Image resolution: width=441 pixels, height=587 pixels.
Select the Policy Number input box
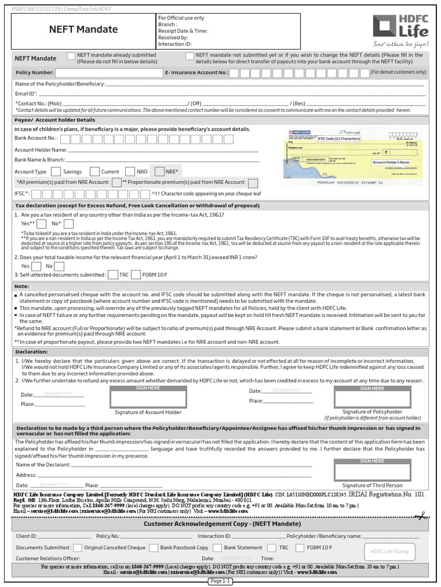pos(109,73)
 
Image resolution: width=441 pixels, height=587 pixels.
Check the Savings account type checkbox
pos(56,171)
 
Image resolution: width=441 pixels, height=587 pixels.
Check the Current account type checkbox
pos(94,171)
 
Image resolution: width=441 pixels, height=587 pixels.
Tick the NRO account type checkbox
pos(130,171)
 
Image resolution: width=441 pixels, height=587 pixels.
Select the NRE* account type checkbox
pos(159,171)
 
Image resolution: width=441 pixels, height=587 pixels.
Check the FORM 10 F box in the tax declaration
pos(136,275)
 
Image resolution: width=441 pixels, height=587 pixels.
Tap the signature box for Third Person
pos(372,469)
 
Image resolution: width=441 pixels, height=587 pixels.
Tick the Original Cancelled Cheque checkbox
pos(78,547)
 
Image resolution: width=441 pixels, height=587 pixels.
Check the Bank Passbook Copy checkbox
pos(153,547)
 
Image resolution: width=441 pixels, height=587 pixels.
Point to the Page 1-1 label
pos(220,581)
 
